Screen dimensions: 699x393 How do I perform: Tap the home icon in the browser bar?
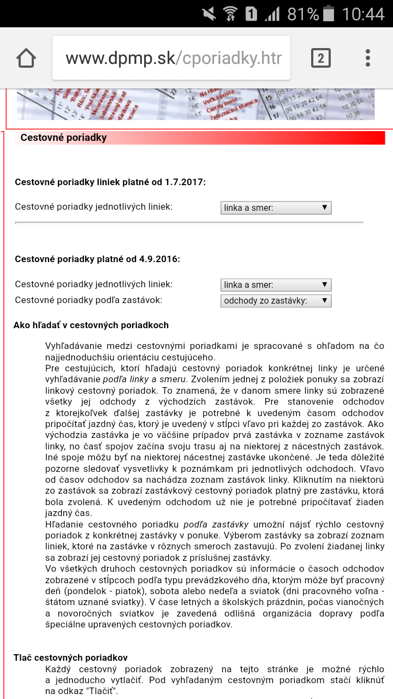tap(26, 58)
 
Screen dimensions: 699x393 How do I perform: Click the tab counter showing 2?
tap(320, 58)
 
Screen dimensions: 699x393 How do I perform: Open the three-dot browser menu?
tap(368, 58)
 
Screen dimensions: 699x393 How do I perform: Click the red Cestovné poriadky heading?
tap(63, 138)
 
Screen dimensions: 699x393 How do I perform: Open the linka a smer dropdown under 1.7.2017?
tap(276, 208)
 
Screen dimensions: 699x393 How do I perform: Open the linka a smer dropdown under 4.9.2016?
tap(276, 285)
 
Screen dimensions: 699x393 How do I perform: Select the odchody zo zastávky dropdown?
tap(276, 301)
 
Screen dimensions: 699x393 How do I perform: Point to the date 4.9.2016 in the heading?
tap(158, 259)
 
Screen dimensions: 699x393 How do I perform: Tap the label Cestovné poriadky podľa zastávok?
tap(88, 300)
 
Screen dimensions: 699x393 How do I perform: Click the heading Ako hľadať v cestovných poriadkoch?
tap(91, 325)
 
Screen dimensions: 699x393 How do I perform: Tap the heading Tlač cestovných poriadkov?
tap(70, 658)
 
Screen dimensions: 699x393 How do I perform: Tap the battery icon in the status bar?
tap(329, 13)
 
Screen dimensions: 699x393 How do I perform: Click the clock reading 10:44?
tap(363, 13)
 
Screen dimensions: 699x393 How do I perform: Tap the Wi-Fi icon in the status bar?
tap(230, 13)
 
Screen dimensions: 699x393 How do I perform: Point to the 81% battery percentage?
tap(303, 13)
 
